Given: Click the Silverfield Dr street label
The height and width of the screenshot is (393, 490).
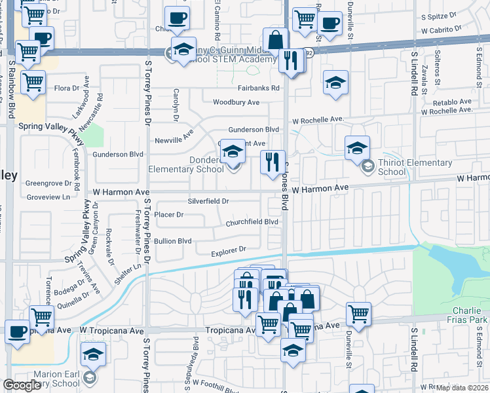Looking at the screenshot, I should point(208,202).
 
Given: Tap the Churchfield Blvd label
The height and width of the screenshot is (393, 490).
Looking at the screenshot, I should point(252,222).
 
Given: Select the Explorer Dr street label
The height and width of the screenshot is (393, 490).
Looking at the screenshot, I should point(228,250).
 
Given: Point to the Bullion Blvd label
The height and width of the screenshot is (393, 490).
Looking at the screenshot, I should point(174,241).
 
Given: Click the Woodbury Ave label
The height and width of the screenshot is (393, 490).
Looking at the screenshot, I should point(236,102).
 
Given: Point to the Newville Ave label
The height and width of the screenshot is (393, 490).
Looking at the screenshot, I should point(174,140).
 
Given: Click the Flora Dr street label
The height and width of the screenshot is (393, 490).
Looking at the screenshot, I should point(66,88).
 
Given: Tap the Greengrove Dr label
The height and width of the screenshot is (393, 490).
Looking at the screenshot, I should point(47,183).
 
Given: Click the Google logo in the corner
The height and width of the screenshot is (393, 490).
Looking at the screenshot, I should point(22,385).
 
